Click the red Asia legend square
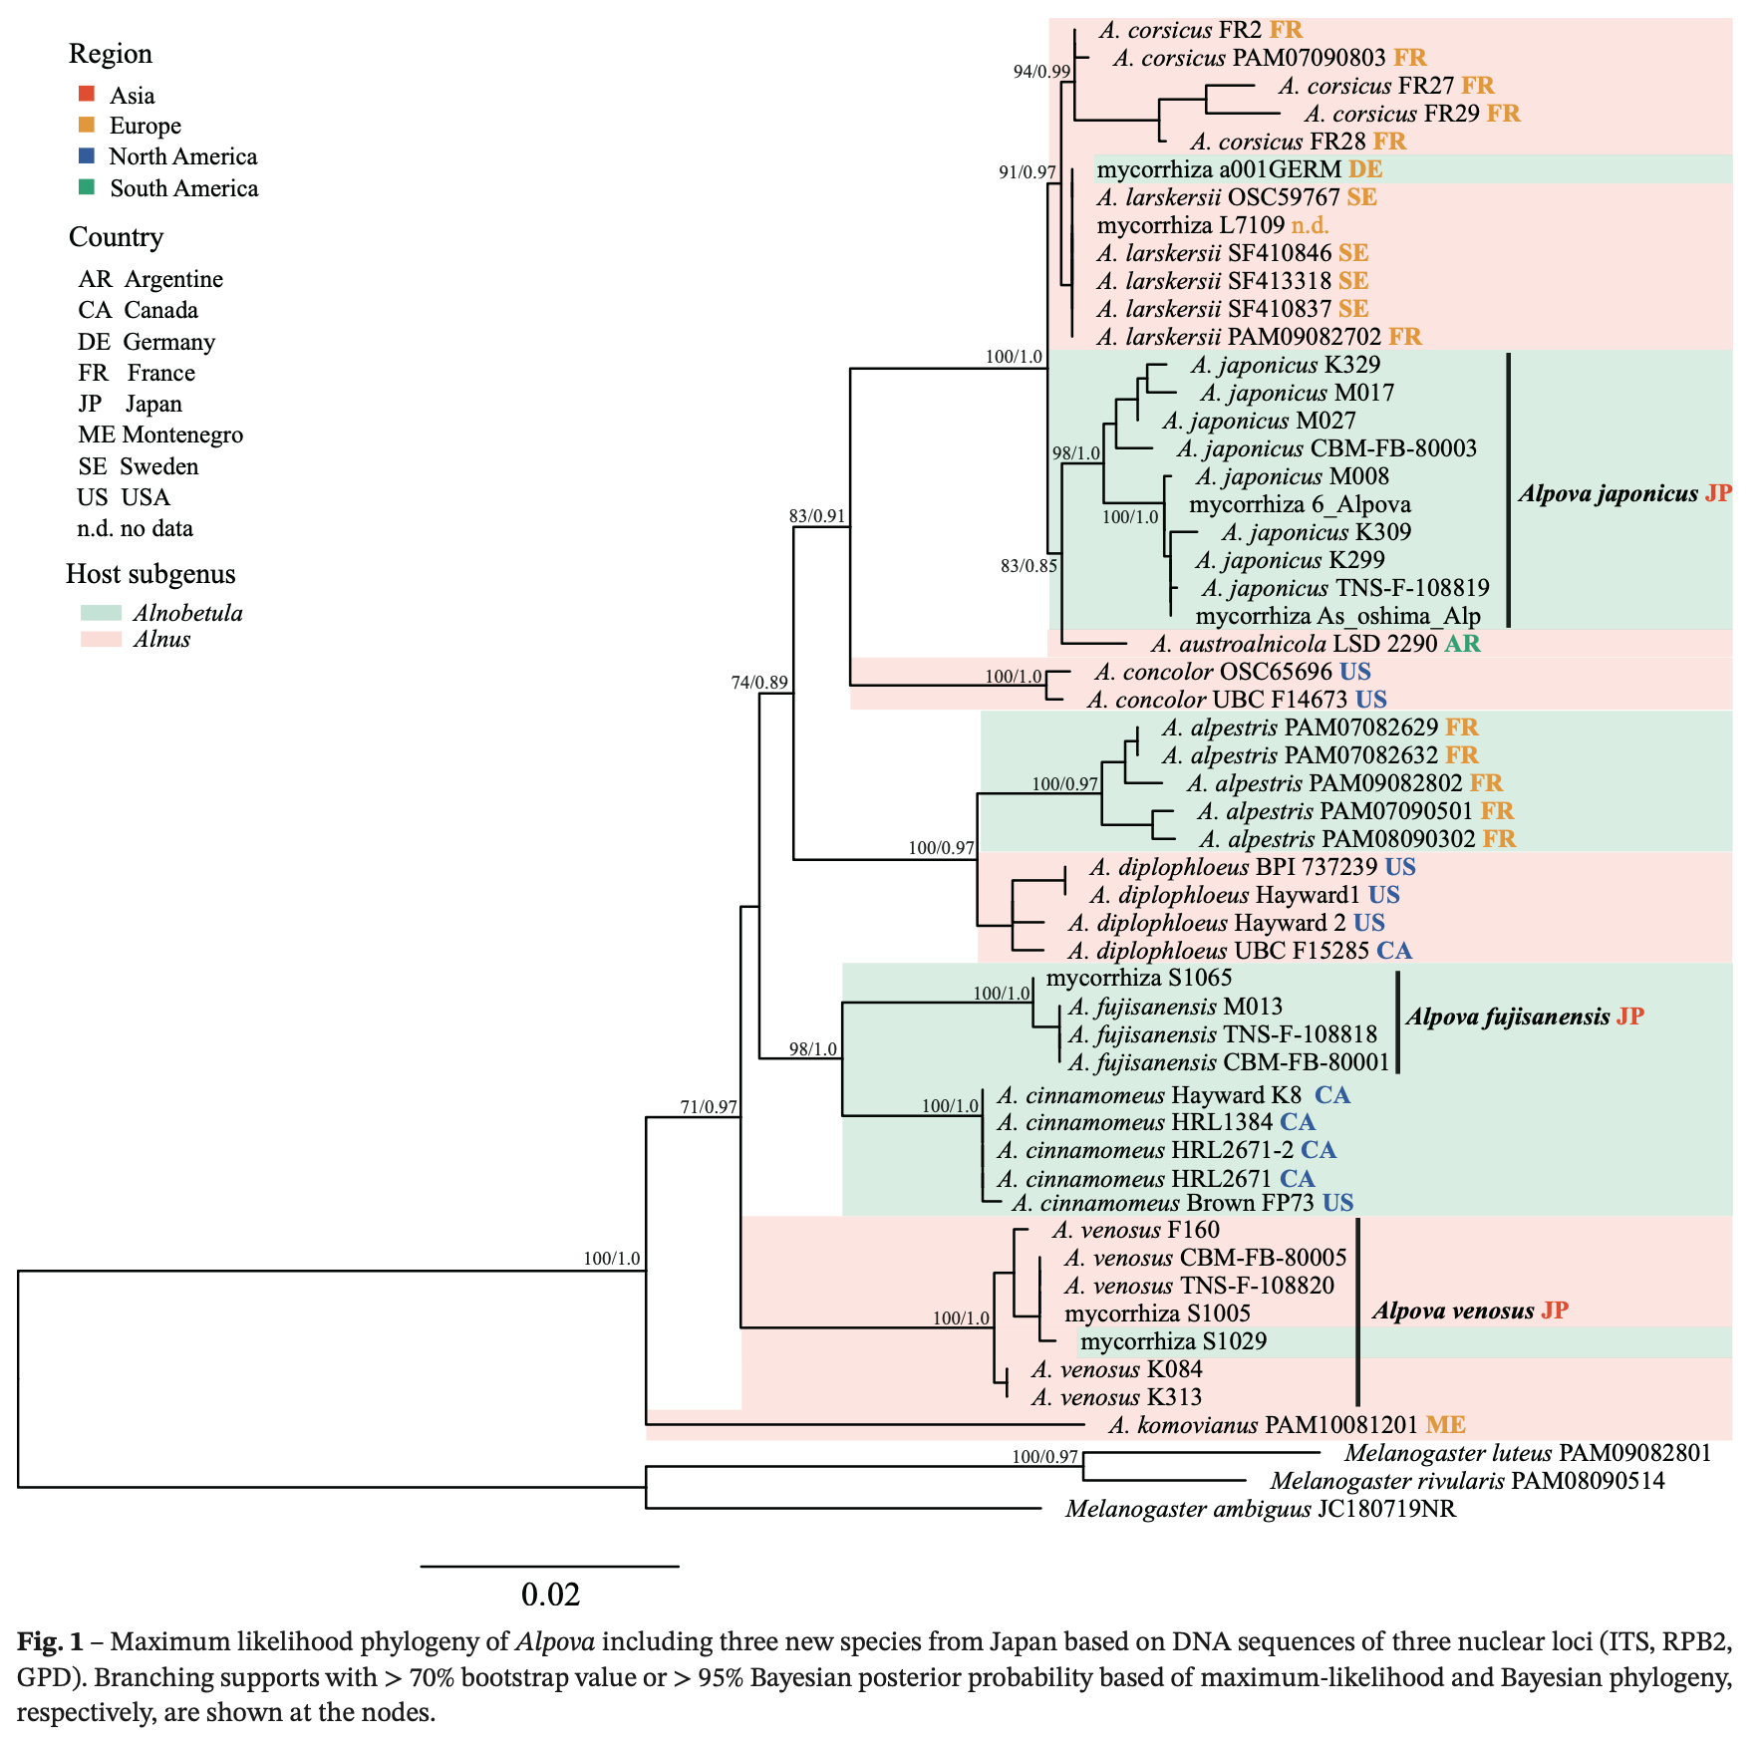coord(87,95)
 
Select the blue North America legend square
coord(87,156)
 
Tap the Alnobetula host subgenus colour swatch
coord(101,613)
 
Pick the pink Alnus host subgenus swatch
coord(101,640)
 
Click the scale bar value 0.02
coord(550,1595)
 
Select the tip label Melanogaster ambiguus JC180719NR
coord(1261,1509)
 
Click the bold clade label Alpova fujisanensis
coord(1507,1017)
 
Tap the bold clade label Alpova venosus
coord(1453,1310)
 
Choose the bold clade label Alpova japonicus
coord(1608,493)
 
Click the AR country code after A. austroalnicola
coord(1462,644)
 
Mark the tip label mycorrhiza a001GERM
coord(1219,169)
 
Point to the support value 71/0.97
coord(709,1106)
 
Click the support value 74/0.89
coord(759,683)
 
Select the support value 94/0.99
coord(1041,72)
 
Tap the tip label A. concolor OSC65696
coord(1213,672)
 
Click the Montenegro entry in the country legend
coord(160,435)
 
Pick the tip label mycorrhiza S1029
coord(1173,1341)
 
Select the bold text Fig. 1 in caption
coord(50,1641)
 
